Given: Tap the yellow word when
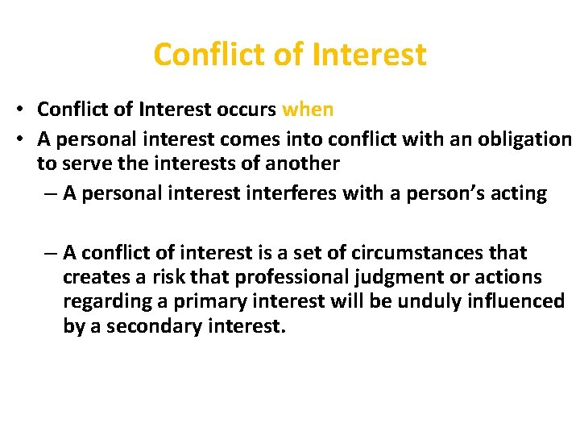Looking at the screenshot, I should (x=308, y=109).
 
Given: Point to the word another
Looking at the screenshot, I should (x=299, y=163).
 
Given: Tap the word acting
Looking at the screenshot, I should (x=520, y=193).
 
